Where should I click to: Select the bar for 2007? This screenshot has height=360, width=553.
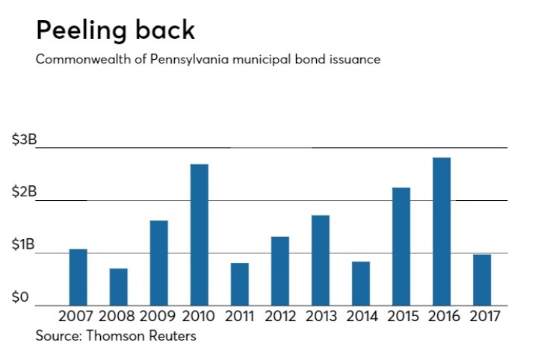78,277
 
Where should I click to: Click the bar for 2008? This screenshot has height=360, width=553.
119,287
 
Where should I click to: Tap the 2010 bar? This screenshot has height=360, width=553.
199,235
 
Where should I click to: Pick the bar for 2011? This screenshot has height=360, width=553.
240,284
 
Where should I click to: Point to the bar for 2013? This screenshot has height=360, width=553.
320,260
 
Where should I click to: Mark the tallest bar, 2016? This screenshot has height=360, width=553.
442,232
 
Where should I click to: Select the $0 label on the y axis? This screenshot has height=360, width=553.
20,297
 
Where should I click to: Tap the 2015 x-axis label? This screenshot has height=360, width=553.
401,317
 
